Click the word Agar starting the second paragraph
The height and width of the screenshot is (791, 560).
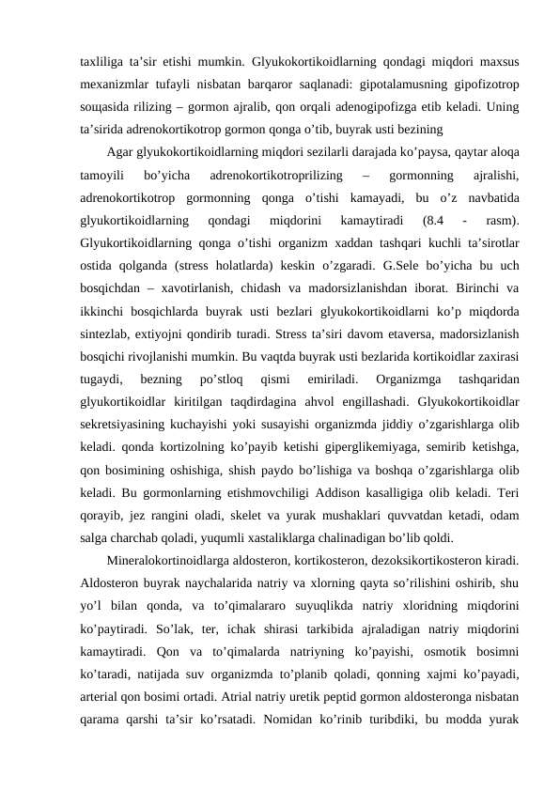(x=119, y=150)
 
